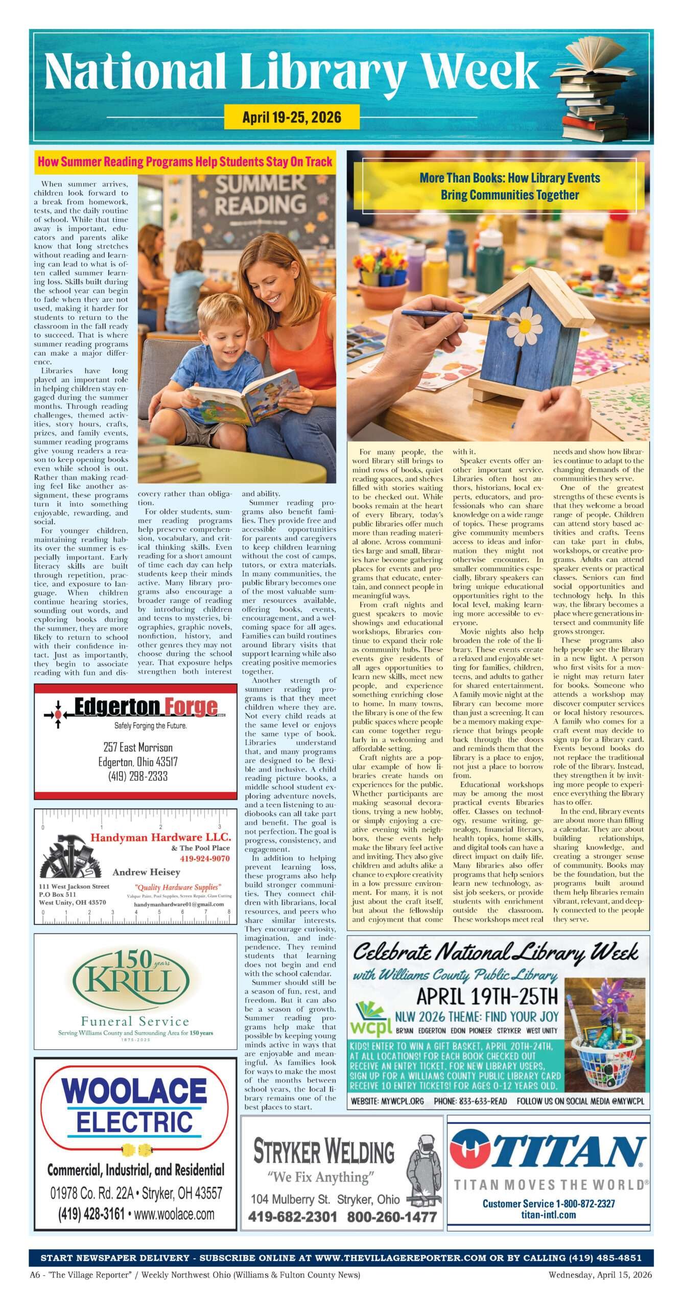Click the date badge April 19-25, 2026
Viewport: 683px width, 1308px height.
pos(292,117)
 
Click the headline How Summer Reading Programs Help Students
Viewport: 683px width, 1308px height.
pos(185,162)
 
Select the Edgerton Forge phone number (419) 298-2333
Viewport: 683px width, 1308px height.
pos(138,776)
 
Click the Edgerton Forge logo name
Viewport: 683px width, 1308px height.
pos(146,708)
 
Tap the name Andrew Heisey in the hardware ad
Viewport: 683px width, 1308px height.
pos(146,872)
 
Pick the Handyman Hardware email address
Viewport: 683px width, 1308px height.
pos(179,904)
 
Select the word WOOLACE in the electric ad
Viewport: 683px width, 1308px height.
pos(134,1091)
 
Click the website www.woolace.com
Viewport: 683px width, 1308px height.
pos(174,1214)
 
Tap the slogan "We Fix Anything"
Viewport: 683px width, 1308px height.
pos(320,1177)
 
